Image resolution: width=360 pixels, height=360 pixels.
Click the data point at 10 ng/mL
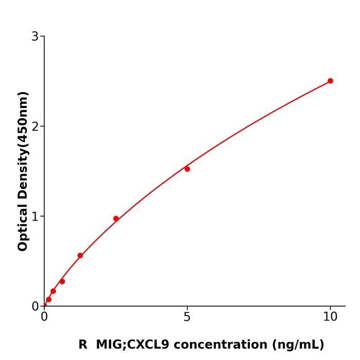coord(330,81)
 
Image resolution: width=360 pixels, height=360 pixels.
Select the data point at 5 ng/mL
coord(187,169)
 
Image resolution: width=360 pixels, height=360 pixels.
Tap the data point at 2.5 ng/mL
coord(116,219)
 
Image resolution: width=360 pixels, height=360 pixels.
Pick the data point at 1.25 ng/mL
coord(80,256)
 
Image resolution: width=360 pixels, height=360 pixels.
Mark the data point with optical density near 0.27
coord(62,281)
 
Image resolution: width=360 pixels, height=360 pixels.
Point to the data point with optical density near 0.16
coord(53,291)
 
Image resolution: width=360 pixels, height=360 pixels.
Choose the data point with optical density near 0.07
coord(49,299)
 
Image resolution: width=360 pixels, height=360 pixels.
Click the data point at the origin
coord(45,305)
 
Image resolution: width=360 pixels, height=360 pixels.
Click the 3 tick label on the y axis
coord(35,37)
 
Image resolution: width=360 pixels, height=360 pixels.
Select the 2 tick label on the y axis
coord(35,127)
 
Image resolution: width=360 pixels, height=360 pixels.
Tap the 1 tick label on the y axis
coord(35,217)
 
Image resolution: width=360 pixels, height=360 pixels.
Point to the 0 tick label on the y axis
coord(35,307)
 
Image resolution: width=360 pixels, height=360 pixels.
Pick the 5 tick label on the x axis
coord(187,317)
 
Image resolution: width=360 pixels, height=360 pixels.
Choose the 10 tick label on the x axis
coord(330,317)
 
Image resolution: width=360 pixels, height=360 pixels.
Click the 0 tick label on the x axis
coord(45,317)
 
